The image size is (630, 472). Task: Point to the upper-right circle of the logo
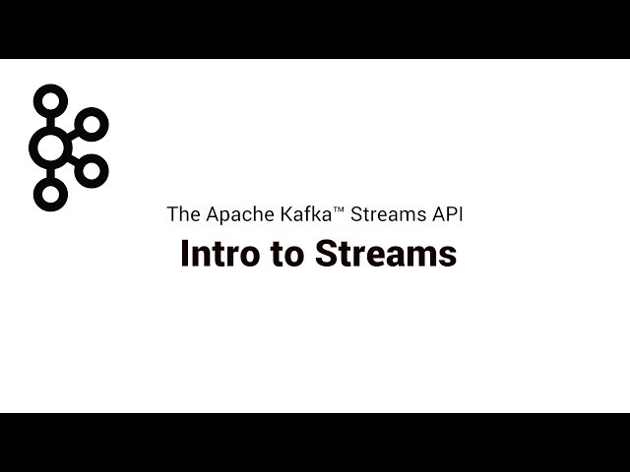pyautogui.click(x=92, y=114)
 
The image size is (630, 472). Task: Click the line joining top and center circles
pyautogui.click(x=50, y=122)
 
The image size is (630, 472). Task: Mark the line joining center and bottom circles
pyautogui.click(x=50, y=173)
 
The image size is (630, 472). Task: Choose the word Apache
pyautogui.click(x=240, y=215)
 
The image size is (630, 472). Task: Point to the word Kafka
pyautogui.click(x=306, y=214)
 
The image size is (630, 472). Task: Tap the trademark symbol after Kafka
pyautogui.click(x=339, y=208)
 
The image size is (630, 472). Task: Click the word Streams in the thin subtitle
pyautogui.click(x=389, y=214)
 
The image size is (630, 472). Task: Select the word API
pyautogui.click(x=448, y=214)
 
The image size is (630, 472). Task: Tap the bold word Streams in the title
pyautogui.click(x=386, y=254)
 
